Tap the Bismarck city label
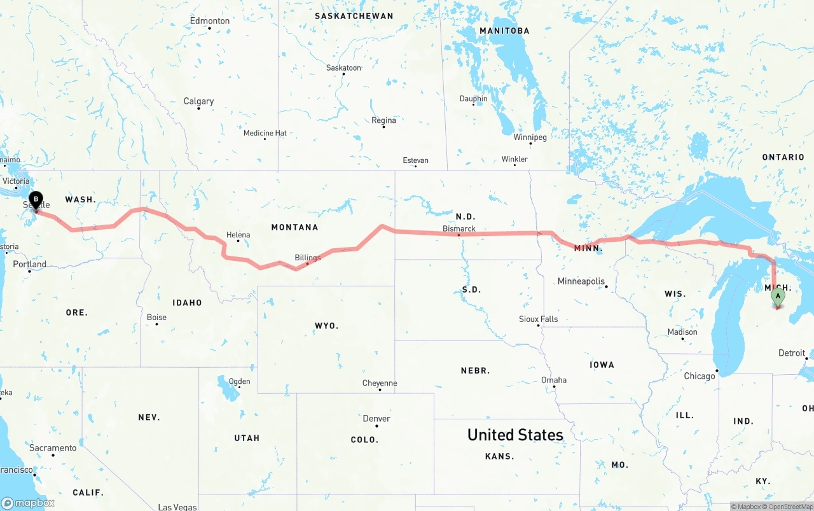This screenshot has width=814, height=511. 459,228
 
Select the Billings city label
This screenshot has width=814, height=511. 308,258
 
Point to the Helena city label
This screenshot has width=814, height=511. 238,235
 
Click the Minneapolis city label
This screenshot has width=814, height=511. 581,281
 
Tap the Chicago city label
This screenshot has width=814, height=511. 700,376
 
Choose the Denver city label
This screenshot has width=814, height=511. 376,419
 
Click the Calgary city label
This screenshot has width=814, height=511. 198,101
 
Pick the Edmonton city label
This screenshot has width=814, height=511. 210,21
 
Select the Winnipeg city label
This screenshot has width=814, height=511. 530,137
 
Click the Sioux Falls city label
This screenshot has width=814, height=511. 539,319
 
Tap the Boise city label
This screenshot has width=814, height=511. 156,318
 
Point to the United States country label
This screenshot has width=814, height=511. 515,435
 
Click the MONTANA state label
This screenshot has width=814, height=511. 294,227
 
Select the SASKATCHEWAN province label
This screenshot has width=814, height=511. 354,16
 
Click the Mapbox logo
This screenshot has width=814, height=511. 28,503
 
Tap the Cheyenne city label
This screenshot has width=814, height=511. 380,383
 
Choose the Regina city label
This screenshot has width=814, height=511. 383,120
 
